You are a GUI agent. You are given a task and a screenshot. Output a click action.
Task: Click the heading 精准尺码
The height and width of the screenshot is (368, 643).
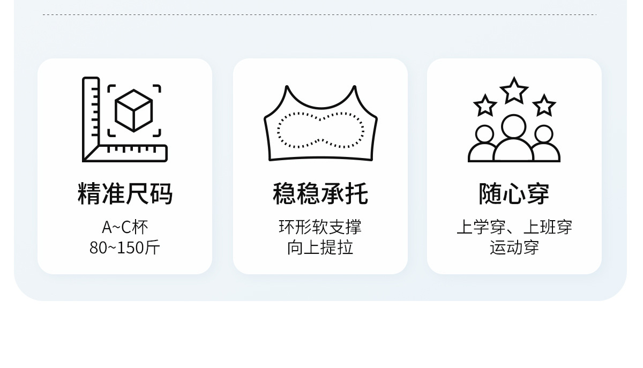coord(125,194)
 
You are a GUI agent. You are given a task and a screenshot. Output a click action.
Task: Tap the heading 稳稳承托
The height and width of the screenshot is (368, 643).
coord(320,194)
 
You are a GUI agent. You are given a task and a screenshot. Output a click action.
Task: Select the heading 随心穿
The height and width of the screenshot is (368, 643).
coord(514,194)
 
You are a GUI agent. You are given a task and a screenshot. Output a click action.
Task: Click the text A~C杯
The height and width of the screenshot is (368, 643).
coord(125,227)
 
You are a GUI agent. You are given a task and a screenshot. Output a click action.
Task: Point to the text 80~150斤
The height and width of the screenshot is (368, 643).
coord(125,247)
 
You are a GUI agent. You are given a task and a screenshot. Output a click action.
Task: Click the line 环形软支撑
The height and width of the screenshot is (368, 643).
coord(320,227)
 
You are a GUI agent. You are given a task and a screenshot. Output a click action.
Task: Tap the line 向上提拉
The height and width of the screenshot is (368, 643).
coord(320,247)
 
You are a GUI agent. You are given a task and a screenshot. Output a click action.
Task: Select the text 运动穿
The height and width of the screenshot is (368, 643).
coord(514,247)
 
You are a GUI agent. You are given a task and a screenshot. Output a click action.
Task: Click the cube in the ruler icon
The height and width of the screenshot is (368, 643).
coord(134,110)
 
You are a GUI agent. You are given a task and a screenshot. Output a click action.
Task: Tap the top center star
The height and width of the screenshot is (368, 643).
coord(514,91)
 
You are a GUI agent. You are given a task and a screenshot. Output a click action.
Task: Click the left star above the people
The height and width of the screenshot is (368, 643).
coord(485,106)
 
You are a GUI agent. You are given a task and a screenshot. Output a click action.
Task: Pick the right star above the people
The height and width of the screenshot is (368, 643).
coord(544,106)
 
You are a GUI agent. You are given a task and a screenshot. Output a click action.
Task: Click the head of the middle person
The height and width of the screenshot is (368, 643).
coord(514,126)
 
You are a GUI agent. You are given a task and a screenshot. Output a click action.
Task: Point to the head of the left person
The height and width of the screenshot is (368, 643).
coord(484,134)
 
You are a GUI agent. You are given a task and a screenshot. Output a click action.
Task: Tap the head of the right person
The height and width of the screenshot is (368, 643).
coord(543,134)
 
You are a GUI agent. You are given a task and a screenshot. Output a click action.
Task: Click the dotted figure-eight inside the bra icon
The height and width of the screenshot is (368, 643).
coord(320,130)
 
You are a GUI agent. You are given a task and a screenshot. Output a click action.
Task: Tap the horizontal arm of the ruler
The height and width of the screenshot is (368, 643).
coord(131,153)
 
